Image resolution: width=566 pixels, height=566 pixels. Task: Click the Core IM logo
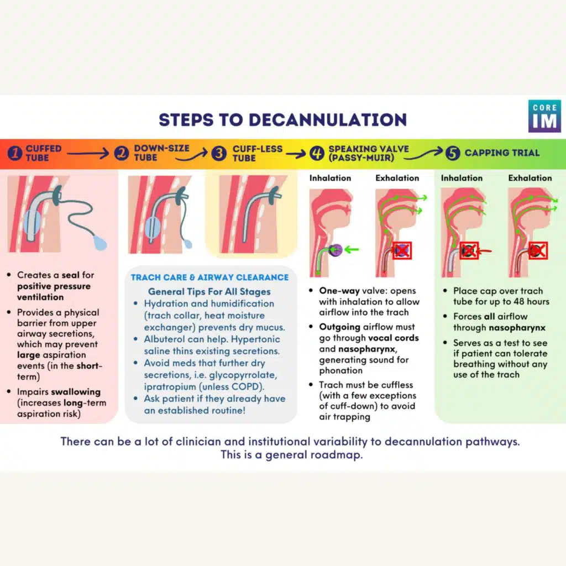(544, 116)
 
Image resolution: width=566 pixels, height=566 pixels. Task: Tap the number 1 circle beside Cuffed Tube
(15, 153)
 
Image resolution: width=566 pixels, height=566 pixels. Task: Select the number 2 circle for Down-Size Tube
(122, 153)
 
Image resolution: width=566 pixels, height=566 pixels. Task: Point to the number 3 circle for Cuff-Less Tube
(219, 153)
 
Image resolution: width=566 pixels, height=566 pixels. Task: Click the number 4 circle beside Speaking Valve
(317, 153)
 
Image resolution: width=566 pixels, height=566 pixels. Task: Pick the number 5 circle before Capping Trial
(453, 153)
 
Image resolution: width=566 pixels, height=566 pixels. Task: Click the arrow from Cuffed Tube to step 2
(88, 154)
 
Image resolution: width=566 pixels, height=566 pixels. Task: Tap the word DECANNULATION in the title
(328, 120)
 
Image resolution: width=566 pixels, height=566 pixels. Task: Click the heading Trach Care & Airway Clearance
(209, 277)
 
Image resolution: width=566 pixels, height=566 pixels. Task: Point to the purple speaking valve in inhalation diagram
(336, 250)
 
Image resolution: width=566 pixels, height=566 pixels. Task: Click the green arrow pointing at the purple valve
(351, 249)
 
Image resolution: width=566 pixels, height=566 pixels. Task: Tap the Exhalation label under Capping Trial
(530, 178)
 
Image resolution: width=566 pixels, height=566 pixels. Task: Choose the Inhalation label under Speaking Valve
(330, 178)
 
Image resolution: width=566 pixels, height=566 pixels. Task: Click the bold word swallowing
(76, 392)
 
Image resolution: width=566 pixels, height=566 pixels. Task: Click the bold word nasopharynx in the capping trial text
(517, 328)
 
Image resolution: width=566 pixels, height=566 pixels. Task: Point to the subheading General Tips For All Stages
(209, 291)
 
